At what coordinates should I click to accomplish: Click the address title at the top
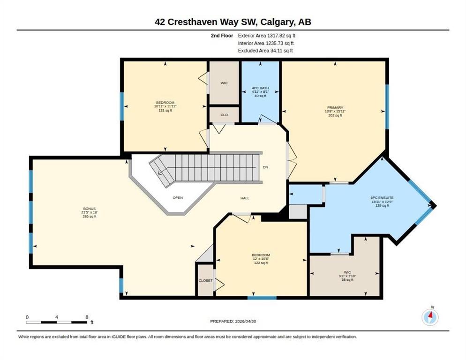[x=233, y=22]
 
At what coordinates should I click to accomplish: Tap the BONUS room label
[x=90, y=209]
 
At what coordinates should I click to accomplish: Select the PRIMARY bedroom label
[x=335, y=108]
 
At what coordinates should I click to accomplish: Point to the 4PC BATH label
[x=260, y=88]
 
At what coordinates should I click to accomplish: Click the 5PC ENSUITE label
[x=382, y=198]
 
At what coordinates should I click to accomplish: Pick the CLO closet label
[x=225, y=115]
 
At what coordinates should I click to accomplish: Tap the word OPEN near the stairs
[x=178, y=198]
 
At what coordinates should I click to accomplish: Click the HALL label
[x=245, y=198]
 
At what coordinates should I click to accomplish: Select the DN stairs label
[x=265, y=167]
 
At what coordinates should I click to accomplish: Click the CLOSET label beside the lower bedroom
[x=206, y=281]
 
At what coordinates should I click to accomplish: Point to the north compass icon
[x=430, y=317]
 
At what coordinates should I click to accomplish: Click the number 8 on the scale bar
[x=87, y=317]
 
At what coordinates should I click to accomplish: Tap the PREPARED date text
[x=233, y=322]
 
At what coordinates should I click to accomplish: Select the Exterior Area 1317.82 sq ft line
[x=267, y=36]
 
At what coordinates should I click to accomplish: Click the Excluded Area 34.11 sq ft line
[x=265, y=51]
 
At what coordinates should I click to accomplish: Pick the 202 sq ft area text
[x=335, y=115]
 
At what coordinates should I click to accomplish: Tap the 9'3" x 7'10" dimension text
[x=347, y=276]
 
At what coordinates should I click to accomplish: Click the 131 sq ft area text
[x=165, y=110]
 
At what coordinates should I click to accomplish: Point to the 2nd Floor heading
[x=222, y=36]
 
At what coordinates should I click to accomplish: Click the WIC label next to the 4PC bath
[x=224, y=83]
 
